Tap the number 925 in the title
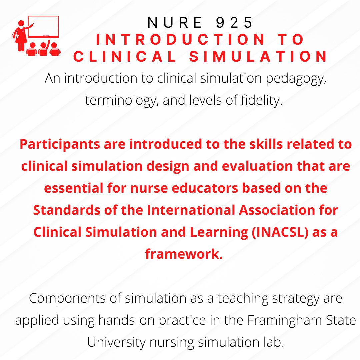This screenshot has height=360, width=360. pyautogui.click(x=235, y=23)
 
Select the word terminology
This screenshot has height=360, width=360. pyautogui.click(x=121, y=100)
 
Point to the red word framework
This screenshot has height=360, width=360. pyautogui.click(x=184, y=254)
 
